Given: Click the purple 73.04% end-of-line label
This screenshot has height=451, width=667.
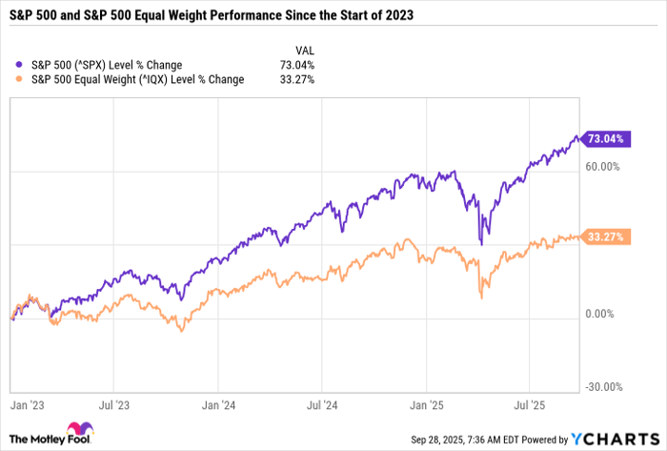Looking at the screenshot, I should (x=606, y=139).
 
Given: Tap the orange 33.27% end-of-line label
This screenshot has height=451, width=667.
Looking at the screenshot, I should (x=606, y=236).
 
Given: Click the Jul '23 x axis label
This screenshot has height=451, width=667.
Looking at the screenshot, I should (x=121, y=404).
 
